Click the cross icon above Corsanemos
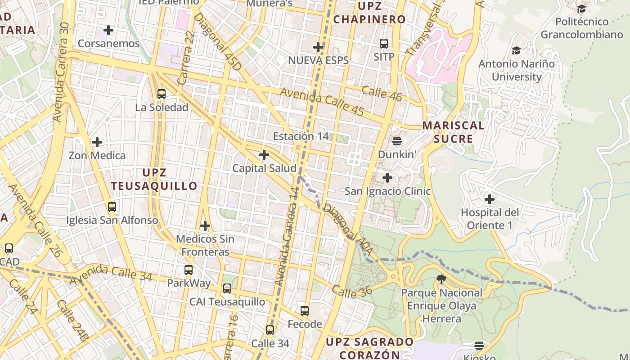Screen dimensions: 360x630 point(108,31)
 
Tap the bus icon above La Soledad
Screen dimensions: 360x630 point(162,94)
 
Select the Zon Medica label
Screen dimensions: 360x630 point(97,156)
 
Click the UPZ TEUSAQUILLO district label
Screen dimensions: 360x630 point(154,179)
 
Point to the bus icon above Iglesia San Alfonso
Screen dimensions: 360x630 point(112,207)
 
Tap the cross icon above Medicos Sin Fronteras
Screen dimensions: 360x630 point(205,225)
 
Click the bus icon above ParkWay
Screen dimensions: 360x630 point(189,270)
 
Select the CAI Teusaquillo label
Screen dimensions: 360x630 point(227,301)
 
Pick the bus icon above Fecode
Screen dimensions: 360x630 point(305,310)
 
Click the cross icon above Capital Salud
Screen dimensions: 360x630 point(264,155)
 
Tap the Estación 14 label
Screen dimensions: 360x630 point(301,136)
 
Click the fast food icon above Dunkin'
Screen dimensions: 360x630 point(396,141)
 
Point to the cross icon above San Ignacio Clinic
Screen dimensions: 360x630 point(387,178)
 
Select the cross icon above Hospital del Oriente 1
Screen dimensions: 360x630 point(490,199)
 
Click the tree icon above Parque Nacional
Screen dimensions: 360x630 point(441,279)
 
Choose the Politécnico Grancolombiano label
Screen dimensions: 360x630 point(581,28)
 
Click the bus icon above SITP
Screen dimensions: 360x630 point(384,43)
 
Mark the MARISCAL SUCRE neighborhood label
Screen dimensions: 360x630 point(453,132)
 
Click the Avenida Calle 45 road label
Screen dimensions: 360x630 point(322,102)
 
